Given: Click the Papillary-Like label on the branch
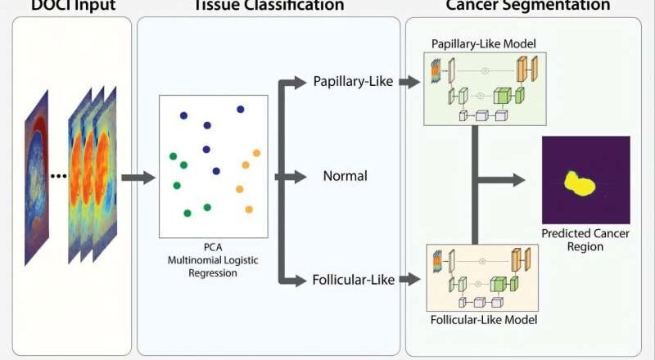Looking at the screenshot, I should point(353,82).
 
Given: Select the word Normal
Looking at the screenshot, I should point(345,176).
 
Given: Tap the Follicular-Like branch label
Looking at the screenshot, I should point(354,281).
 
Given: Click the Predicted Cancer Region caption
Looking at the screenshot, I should point(584,240).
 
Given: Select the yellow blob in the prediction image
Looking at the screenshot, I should point(581,184).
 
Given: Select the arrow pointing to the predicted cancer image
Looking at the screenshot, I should point(504,177).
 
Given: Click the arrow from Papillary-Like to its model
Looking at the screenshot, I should point(409,82).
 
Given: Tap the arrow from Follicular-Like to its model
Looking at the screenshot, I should point(409,281).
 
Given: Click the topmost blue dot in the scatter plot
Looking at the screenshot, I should point(240,109).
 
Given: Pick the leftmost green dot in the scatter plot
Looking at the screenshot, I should point(173,155).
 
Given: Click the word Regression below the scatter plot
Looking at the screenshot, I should point(213,273).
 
